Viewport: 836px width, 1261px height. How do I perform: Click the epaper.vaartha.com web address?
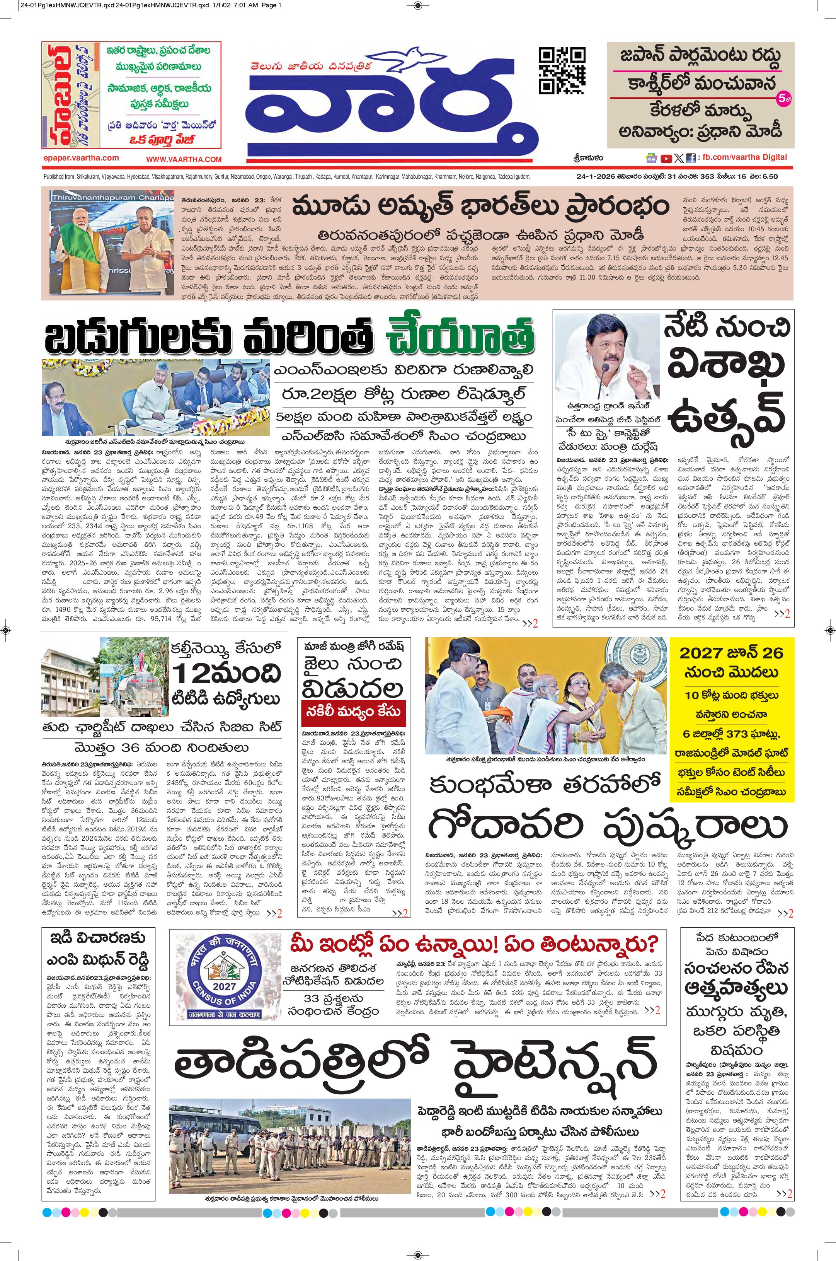[x=82, y=159]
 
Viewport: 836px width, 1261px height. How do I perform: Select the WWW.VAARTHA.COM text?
[x=184, y=159]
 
